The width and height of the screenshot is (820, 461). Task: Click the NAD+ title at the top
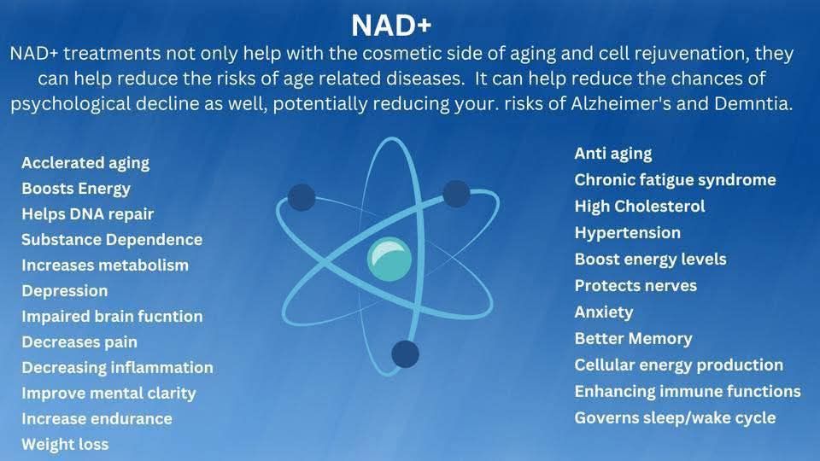[x=391, y=25]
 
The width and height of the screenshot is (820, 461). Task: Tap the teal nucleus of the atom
[x=389, y=260]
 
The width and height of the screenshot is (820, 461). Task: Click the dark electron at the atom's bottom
[x=405, y=353]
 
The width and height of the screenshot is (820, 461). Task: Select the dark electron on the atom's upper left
[x=302, y=197]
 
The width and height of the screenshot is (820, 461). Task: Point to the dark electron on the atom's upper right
[x=456, y=194]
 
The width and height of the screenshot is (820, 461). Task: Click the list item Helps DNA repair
[x=88, y=214]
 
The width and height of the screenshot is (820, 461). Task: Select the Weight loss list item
[x=66, y=444]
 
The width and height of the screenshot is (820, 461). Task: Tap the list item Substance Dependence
[x=112, y=240]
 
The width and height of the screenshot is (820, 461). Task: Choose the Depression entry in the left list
[x=65, y=291]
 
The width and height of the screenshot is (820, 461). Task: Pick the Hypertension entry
[x=628, y=233]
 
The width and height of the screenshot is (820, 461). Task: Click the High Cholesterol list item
[x=640, y=207]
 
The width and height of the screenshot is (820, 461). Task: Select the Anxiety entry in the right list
[x=604, y=312]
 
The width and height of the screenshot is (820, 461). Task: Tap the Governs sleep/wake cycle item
[x=675, y=418]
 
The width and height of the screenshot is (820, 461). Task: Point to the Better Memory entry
[x=633, y=339]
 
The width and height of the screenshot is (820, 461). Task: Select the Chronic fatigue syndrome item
[x=675, y=180]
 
